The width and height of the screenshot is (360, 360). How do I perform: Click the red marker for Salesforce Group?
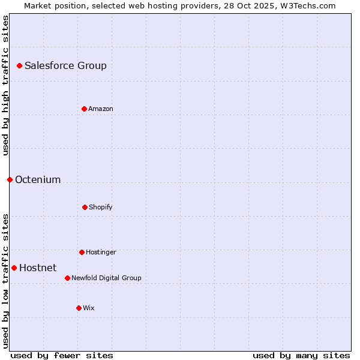tap(19, 65)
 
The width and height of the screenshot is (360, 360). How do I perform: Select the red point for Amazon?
tap(84, 109)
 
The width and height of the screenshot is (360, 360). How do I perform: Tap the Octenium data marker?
tap(10, 179)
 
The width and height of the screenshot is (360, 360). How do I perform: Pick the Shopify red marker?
tap(85, 207)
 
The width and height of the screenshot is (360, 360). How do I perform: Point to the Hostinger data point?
tap(82, 252)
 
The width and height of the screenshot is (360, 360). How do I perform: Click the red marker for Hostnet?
tap(14, 268)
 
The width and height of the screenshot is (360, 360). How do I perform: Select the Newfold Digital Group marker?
tap(67, 278)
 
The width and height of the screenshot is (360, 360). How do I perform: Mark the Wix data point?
tap(79, 308)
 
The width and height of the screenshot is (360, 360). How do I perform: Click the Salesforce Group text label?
tap(65, 66)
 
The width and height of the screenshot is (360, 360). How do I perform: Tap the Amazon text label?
tap(101, 109)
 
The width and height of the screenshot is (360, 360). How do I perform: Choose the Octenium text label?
tap(38, 180)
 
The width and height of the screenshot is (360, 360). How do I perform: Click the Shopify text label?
tap(101, 208)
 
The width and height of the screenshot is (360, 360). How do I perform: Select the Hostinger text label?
tap(101, 253)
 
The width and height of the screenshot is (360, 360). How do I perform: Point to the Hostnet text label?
tap(38, 268)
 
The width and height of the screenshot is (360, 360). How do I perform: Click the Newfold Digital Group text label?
tap(106, 278)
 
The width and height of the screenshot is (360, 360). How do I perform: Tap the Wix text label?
tap(89, 308)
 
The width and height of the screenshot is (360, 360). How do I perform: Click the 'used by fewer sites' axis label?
tap(62, 355)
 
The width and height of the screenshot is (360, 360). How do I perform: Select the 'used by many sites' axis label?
tap(301, 355)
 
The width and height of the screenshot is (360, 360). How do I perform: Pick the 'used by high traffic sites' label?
tap(5, 85)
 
